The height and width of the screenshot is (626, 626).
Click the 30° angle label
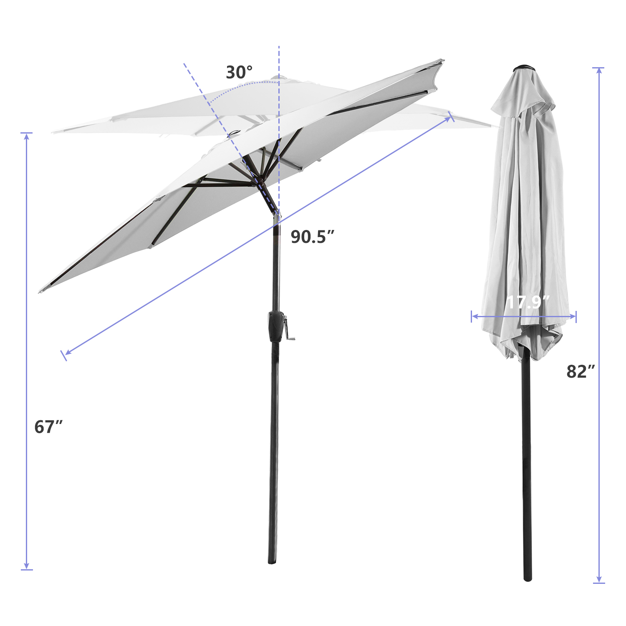(x=239, y=73)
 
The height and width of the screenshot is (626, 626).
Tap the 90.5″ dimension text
(x=313, y=237)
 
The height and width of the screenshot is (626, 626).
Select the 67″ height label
(x=48, y=427)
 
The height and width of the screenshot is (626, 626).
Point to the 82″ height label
(x=581, y=371)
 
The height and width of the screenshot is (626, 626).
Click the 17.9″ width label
(x=528, y=302)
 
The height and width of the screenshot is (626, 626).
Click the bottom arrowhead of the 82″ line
(x=599, y=581)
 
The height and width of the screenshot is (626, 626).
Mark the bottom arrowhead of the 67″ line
(x=27, y=567)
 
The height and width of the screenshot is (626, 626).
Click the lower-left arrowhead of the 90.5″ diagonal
(x=67, y=353)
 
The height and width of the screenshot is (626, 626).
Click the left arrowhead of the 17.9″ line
(x=474, y=316)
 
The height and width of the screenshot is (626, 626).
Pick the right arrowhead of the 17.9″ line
(x=574, y=316)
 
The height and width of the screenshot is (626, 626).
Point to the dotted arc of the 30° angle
(x=242, y=86)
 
